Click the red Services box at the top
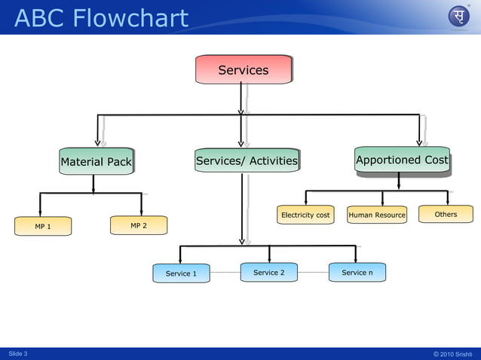[x=243, y=70]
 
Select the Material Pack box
[x=96, y=161]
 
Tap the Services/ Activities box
[x=247, y=160]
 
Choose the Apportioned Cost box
[x=402, y=160]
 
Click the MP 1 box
[x=43, y=226]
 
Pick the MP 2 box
[x=138, y=225]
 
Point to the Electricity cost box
[x=305, y=215]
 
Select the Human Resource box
[x=377, y=215]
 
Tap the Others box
[x=446, y=215]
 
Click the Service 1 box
[x=181, y=273]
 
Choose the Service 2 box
[x=268, y=272]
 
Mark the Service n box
[x=357, y=272]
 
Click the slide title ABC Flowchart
[x=101, y=17]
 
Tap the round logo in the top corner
[x=458, y=17]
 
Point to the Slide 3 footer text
[x=18, y=353]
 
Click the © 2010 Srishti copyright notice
[x=452, y=353]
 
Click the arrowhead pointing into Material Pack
[x=97, y=142]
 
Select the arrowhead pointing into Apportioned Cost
[x=419, y=142]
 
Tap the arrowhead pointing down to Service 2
[x=269, y=258]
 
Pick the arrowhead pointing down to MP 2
[x=141, y=211]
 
